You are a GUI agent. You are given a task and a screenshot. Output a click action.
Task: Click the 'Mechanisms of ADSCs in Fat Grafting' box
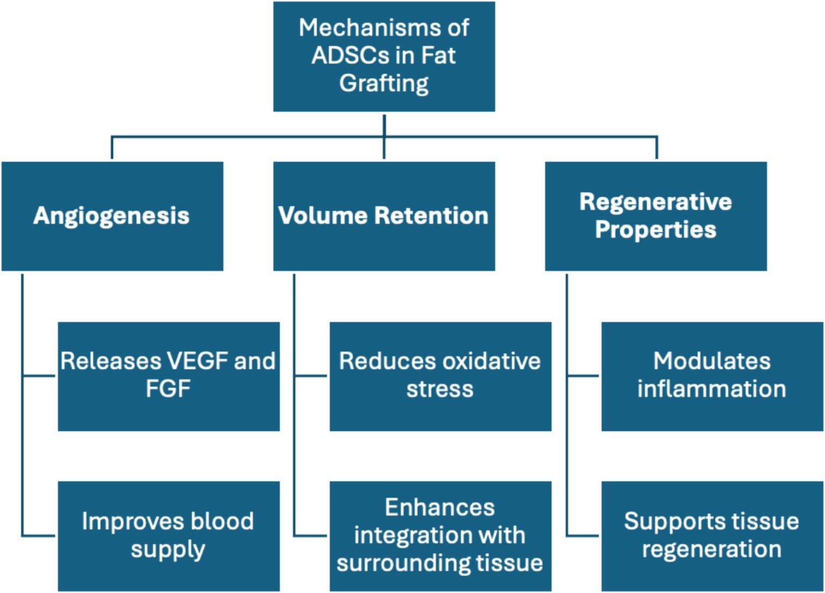point(384,56)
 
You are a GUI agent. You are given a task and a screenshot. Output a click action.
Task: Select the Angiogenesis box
point(112,216)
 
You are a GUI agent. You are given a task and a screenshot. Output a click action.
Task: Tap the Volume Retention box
point(384,216)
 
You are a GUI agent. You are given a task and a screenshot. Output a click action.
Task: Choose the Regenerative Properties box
point(656,216)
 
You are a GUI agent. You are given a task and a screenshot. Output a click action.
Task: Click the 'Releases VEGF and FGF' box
point(169,376)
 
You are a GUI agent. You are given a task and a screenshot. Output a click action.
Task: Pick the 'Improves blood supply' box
point(169,536)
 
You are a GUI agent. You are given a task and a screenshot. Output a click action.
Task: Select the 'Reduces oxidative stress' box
point(441,376)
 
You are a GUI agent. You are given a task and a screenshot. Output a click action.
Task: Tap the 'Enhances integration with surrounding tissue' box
point(441,536)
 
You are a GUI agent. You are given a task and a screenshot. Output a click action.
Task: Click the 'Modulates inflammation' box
point(712,376)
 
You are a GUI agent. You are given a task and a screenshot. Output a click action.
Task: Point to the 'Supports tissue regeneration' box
point(712,536)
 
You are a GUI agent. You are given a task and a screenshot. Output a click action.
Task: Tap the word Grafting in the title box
point(384,84)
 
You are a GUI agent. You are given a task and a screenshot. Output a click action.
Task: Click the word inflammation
point(712,389)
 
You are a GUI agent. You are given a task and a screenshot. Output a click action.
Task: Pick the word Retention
point(431,216)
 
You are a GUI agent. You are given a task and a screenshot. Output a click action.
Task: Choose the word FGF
point(168,389)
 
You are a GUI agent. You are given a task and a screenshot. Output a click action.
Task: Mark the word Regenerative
point(656,202)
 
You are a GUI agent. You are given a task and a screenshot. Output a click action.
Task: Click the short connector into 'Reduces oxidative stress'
point(310,376)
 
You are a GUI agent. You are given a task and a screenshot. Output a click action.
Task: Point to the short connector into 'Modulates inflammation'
point(583,376)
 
